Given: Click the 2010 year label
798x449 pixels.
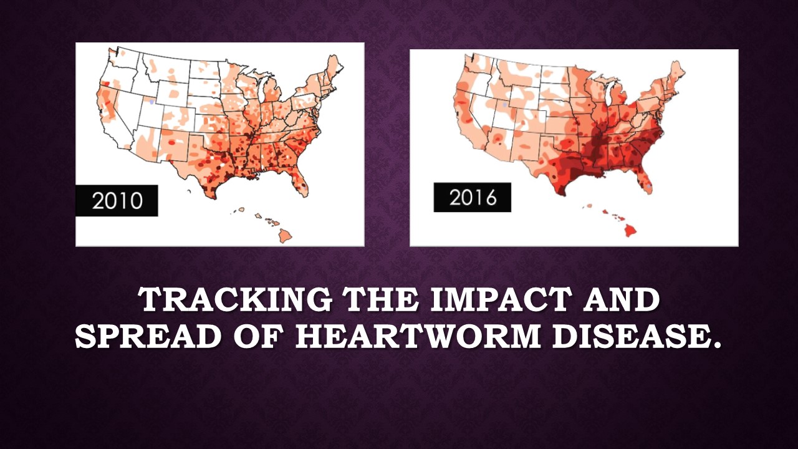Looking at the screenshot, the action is (117, 201).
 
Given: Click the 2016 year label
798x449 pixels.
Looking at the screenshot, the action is (473, 198).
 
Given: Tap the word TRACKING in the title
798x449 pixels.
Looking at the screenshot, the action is (236, 300).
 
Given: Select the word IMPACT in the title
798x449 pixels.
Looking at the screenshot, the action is (499, 300).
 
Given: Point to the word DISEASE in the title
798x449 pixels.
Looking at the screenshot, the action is (637, 336).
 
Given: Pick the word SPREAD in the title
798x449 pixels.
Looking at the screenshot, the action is (148, 336).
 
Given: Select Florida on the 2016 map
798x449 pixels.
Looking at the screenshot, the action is (644, 180).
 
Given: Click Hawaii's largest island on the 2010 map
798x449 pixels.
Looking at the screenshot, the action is (286, 235).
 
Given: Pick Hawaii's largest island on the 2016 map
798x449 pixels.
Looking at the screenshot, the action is (630, 231).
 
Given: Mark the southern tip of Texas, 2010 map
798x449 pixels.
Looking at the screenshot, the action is (214, 198).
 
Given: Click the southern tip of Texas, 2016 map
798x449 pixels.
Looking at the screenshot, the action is (562, 195).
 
